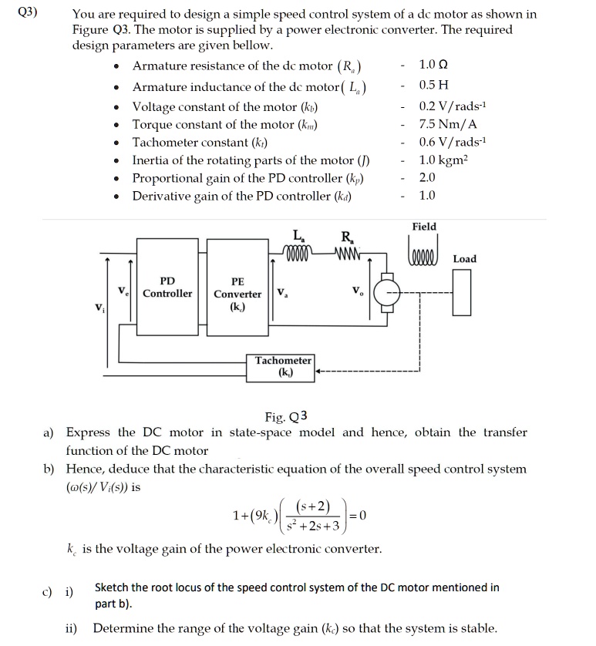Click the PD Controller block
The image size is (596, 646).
tap(167, 287)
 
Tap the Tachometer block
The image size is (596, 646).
tap(283, 366)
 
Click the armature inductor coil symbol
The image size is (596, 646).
tap(298, 253)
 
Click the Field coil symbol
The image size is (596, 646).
tap(423, 254)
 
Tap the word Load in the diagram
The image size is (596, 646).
tap(464, 259)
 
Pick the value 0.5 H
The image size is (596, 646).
tap(433, 84)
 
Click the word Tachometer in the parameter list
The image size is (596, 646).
tap(167, 143)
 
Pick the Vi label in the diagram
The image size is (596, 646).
tap(99, 309)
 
